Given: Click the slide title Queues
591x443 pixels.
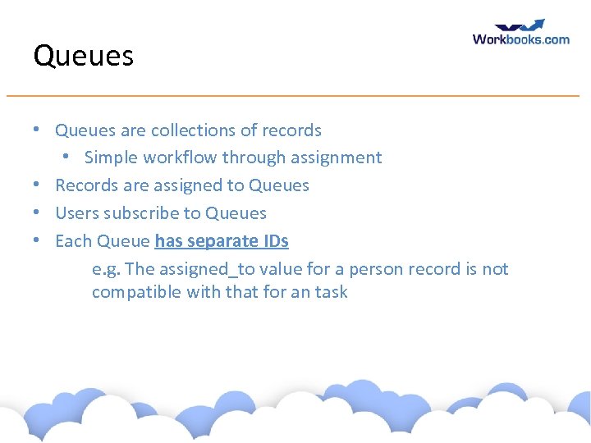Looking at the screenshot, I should pyautogui.click(x=83, y=57).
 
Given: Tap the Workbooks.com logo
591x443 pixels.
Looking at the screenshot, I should pyautogui.click(x=520, y=33).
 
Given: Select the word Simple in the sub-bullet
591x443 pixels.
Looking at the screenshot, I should pyautogui.click(x=110, y=158).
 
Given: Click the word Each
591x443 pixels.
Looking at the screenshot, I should pyautogui.click(x=73, y=241).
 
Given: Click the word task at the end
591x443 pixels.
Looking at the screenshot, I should pyautogui.click(x=332, y=292).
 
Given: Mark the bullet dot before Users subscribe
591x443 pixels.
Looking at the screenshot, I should pyautogui.click(x=38, y=213).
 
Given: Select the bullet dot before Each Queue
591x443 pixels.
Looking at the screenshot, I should pyautogui.click(x=38, y=241).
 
